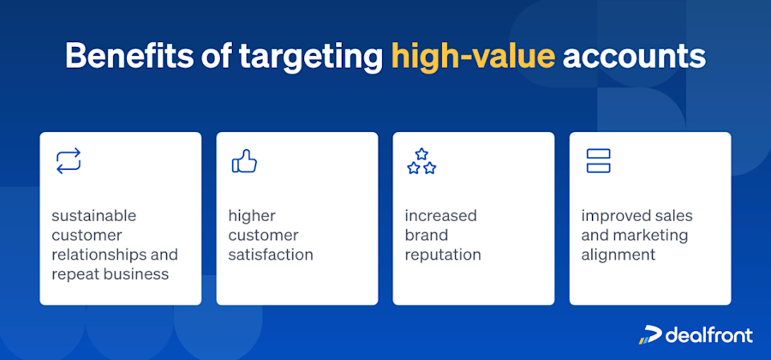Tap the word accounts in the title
[x=635, y=57]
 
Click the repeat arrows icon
[x=69, y=160]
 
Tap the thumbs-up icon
[x=244, y=160]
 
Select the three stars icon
[x=421, y=160]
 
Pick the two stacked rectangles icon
[x=598, y=160]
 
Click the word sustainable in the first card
[x=93, y=215]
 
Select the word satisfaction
[x=271, y=255]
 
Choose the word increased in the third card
[x=440, y=215]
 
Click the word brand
[x=426, y=235]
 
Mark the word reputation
[x=443, y=255]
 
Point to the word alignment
[x=617, y=255]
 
